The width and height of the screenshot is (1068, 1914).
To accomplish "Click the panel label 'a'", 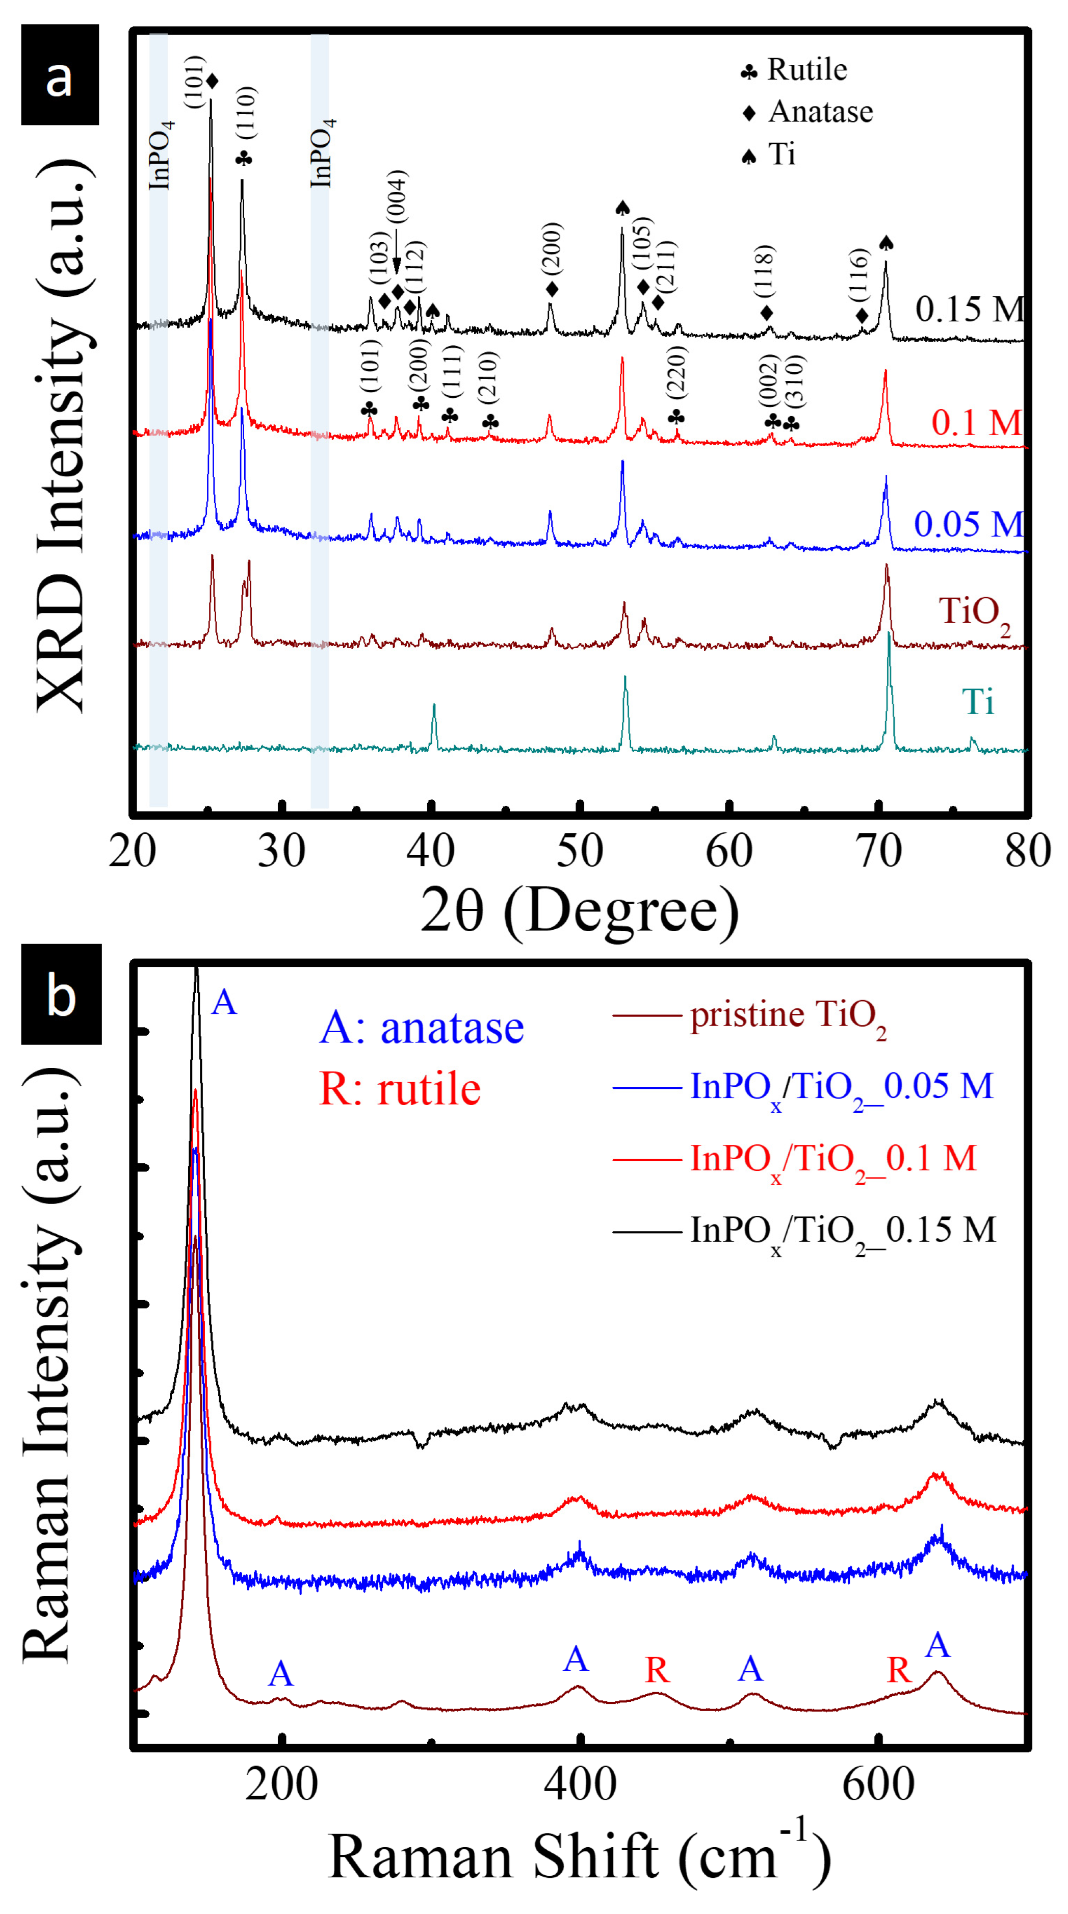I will tap(60, 75).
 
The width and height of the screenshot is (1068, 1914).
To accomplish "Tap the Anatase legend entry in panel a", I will tap(808, 112).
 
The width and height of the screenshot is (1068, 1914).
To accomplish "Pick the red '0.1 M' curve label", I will tap(976, 423).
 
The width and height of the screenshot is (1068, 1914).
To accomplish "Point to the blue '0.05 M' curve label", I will tap(968, 525).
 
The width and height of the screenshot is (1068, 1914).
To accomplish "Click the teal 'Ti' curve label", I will tap(977, 701).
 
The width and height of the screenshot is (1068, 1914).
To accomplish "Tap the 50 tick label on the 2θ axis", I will tap(579, 852).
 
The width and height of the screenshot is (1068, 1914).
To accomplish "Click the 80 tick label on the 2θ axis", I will tap(1027, 852).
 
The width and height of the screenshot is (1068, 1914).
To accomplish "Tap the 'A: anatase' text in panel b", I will tap(421, 1028).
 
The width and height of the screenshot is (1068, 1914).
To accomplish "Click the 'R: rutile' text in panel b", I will tap(400, 1090).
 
